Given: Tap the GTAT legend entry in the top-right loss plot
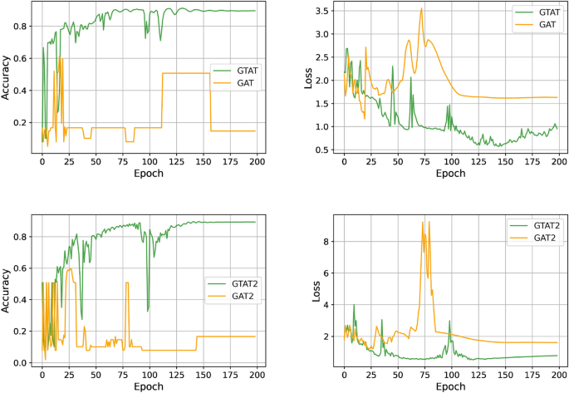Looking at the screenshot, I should pyautogui.click(x=541, y=13).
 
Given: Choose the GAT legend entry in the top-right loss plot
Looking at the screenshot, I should pyautogui.click(x=541, y=27).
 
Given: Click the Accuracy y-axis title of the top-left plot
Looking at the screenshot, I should pyautogui.click(x=7, y=81).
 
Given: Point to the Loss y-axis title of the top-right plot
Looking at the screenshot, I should pyautogui.click(x=309, y=81).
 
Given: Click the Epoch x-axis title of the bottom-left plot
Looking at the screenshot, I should pyautogui.click(x=149, y=386).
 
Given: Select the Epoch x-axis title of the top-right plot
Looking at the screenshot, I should pyautogui.click(x=451, y=174).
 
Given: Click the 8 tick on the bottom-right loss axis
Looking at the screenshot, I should pyautogui.click(x=329, y=242).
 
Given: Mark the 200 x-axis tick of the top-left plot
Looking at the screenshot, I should pyautogui.click(x=256, y=163).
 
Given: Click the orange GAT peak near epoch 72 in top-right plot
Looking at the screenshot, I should pyautogui.click(x=422, y=9).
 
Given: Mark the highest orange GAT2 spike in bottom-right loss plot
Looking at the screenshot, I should pyautogui.click(x=423, y=222).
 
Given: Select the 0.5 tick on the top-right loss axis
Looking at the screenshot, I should pyautogui.click(x=323, y=150).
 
